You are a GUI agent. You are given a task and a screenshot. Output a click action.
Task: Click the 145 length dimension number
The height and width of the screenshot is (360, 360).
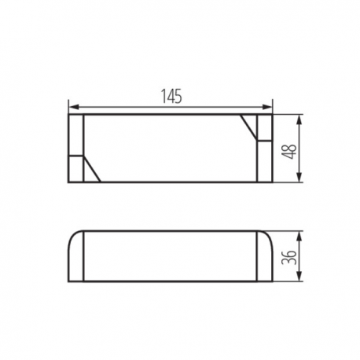tap(171, 96)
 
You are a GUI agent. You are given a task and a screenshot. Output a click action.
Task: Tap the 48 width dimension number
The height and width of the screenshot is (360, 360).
tap(288, 152)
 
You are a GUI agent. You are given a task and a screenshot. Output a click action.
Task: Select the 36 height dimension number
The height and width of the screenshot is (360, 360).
tap(288, 258)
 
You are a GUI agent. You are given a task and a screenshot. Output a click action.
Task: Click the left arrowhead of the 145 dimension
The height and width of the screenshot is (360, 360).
tap(73, 107)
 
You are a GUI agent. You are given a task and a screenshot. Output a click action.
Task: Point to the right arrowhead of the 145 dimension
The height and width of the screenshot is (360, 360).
tap(267, 107)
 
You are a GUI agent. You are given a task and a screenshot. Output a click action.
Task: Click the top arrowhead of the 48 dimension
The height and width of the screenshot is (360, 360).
tap(299, 119)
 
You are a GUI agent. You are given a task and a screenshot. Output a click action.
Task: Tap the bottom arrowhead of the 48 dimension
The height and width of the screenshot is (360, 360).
tap(299, 178)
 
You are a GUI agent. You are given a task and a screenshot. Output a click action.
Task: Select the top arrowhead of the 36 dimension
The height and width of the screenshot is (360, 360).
tap(299, 236)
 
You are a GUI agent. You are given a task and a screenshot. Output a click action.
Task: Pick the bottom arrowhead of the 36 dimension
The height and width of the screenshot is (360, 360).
tap(299, 277)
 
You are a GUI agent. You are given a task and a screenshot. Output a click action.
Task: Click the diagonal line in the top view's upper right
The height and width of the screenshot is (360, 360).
tap(249, 127)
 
